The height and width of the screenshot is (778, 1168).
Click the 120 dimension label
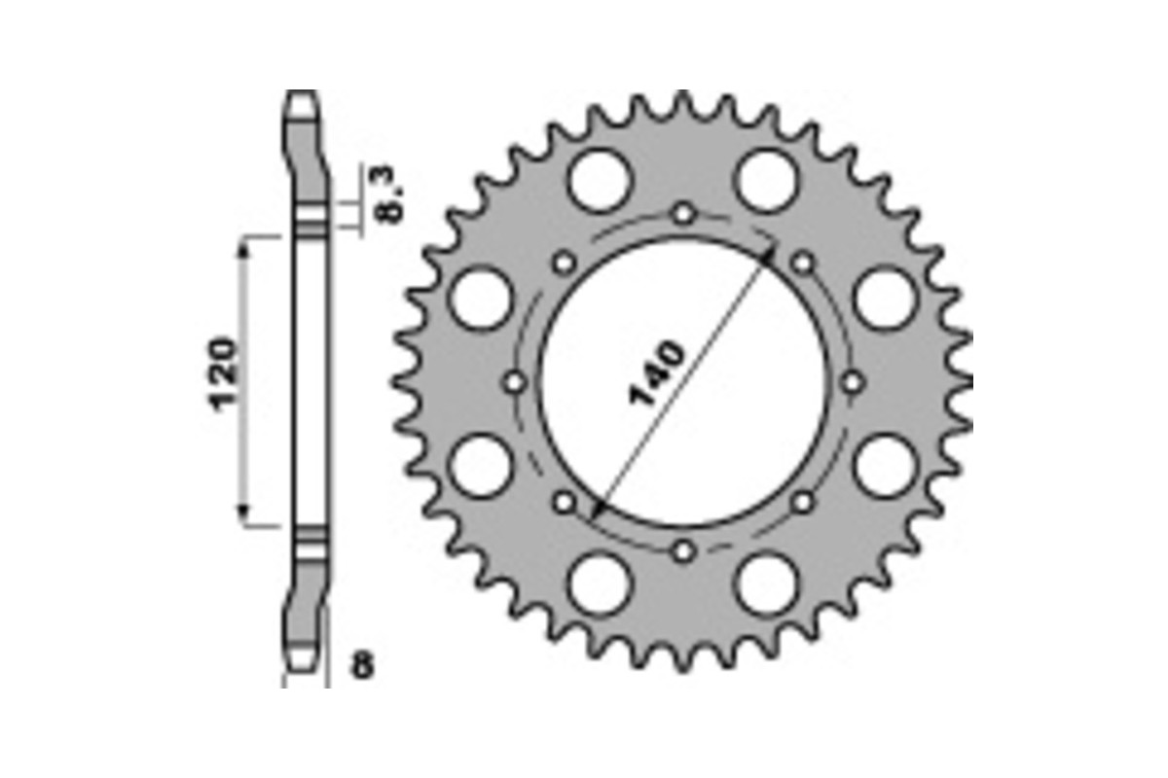[x=223, y=374]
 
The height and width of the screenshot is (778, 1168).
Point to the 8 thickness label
[x=361, y=668]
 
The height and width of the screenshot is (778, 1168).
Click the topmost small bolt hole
[x=684, y=213]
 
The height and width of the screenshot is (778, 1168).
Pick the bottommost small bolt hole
[x=684, y=551]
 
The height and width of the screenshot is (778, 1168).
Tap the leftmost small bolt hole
[x=516, y=382]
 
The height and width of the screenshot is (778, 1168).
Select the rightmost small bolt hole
[x=854, y=382]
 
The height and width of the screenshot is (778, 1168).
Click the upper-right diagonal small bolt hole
[x=803, y=262]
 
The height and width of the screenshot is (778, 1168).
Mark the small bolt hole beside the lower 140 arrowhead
[x=565, y=502]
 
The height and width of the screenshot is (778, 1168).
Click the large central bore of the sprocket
[x=684, y=382]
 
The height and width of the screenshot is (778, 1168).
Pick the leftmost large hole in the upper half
[x=481, y=298]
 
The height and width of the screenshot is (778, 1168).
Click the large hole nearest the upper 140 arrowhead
[x=768, y=180]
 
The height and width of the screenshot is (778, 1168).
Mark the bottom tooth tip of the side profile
[x=300, y=667]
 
